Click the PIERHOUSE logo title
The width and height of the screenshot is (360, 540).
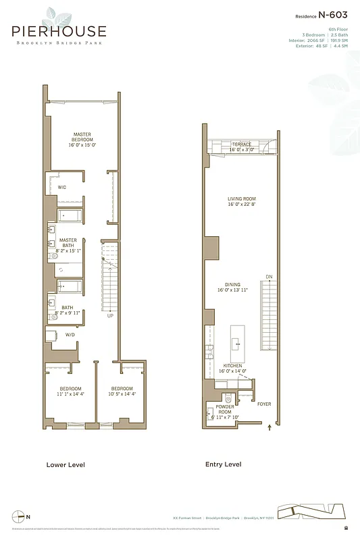(58, 31)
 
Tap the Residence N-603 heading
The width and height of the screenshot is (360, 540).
(322, 15)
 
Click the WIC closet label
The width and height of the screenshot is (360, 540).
(61, 187)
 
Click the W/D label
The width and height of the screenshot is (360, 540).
(70, 334)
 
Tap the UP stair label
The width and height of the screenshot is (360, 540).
(110, 315)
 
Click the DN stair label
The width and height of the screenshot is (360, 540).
(268, 277)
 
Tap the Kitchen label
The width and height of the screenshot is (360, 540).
(233, 368)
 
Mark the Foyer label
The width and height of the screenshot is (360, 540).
(264, 404)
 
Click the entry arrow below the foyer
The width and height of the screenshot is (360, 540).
(270, 427)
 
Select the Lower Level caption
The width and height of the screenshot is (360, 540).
(65, 464)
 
